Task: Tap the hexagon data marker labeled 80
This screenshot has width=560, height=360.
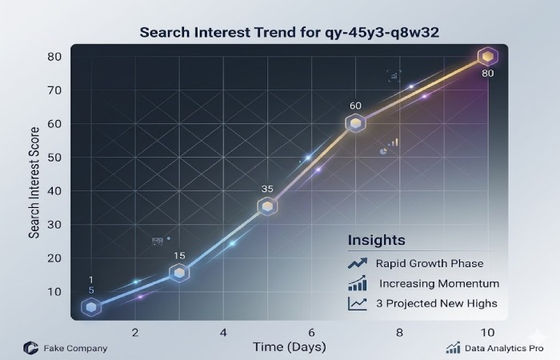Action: [488, 56]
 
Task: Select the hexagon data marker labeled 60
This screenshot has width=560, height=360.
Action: [356, 123]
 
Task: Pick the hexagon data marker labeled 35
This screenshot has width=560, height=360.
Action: [268, 206]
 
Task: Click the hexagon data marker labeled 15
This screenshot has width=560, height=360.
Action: [181, 274]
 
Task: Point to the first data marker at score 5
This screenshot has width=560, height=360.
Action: [92, 307]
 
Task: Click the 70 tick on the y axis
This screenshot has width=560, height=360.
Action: [54, 90]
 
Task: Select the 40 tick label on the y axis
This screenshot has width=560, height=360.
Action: [54, 191]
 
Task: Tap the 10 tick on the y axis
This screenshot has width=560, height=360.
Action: [54, 292]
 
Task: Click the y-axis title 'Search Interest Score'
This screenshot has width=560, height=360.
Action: [34, 184]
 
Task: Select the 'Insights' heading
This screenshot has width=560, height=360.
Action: [376, 240]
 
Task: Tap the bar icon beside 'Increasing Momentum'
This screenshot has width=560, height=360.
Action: [357, 284]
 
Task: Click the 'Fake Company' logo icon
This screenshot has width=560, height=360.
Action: [30, 348]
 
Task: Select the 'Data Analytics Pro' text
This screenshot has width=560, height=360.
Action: [503, 349]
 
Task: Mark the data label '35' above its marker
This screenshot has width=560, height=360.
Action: [268, 189]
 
